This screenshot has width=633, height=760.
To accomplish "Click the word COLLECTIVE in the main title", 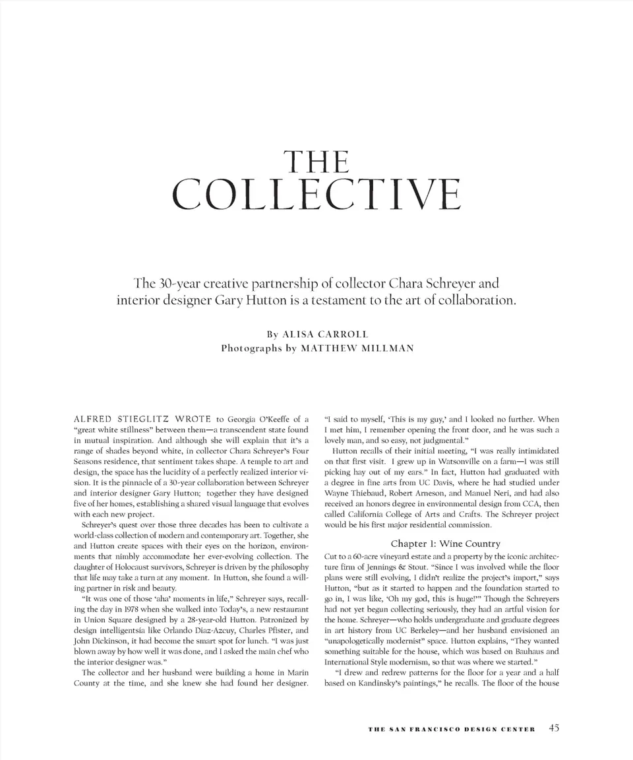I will click(x=316, y=194).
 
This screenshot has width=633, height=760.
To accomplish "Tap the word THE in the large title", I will click(x=315, y=162).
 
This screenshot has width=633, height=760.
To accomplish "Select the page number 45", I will click(x=553, y=728).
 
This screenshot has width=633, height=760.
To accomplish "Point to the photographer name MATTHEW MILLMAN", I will click(x=357, y=348).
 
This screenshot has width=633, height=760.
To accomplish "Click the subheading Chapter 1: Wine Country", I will click(x=445, y=544).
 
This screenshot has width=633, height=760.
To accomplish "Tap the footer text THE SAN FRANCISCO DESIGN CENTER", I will click(x=452, y=729).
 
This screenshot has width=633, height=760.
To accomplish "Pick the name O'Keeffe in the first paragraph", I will click(x=268, y=418).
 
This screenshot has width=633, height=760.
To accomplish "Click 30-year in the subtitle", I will click(x=177, y=284).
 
